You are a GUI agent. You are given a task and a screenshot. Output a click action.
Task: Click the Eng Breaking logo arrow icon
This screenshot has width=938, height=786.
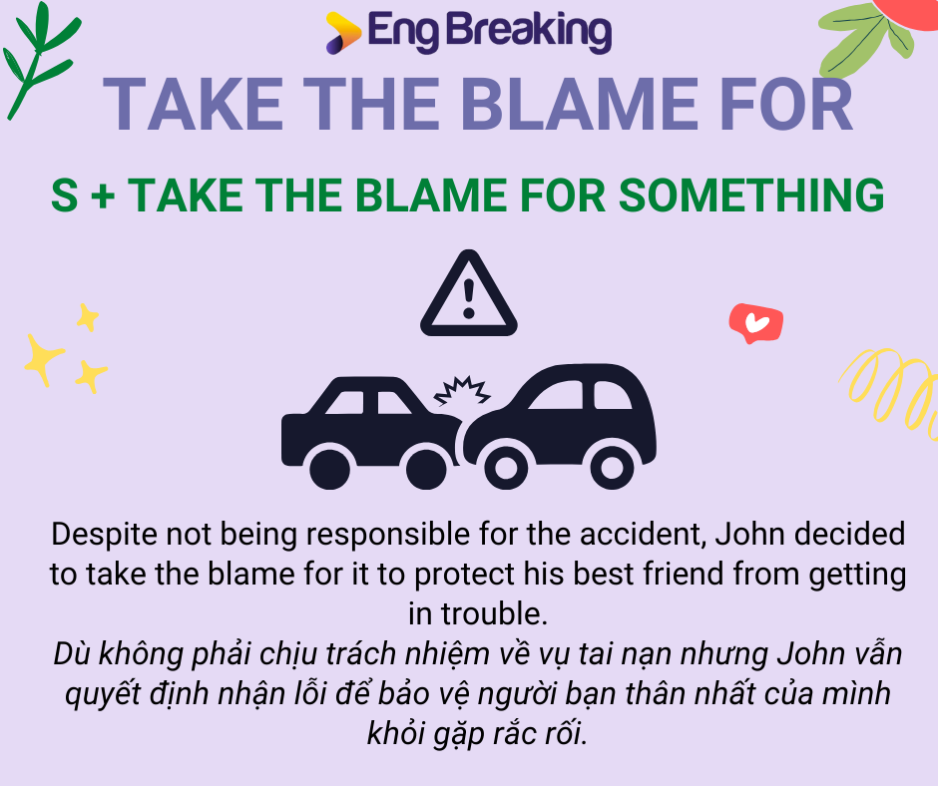pyautogui.click(x=342, y=33)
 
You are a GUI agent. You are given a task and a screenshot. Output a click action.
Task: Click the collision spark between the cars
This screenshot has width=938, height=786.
pyautogui.click(x=459, y=392)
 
